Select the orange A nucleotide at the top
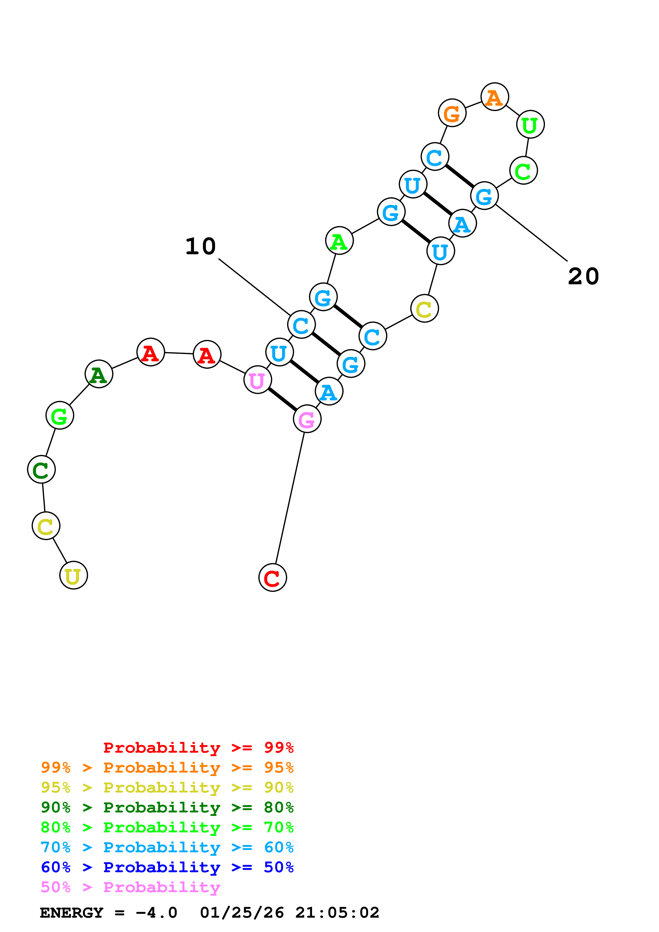pos(494,97)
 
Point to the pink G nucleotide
pos(307,419)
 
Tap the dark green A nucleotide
pos(99,374)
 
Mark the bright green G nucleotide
pos(60,416)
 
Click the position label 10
pos(201,246)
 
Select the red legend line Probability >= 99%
pos(198,747)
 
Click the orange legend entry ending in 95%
pos(167,767)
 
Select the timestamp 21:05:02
pos(337,913)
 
